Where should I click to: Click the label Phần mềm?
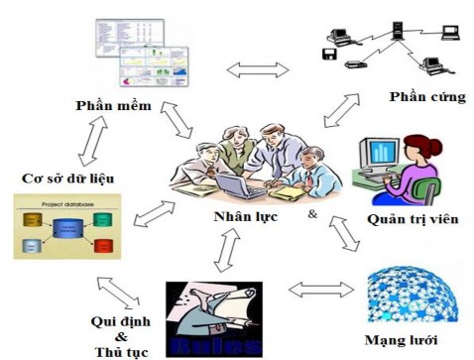pos(113,104)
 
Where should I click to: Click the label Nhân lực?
pos(242,215)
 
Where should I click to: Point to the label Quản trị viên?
pos(412,219)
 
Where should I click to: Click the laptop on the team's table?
pos(239,184)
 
